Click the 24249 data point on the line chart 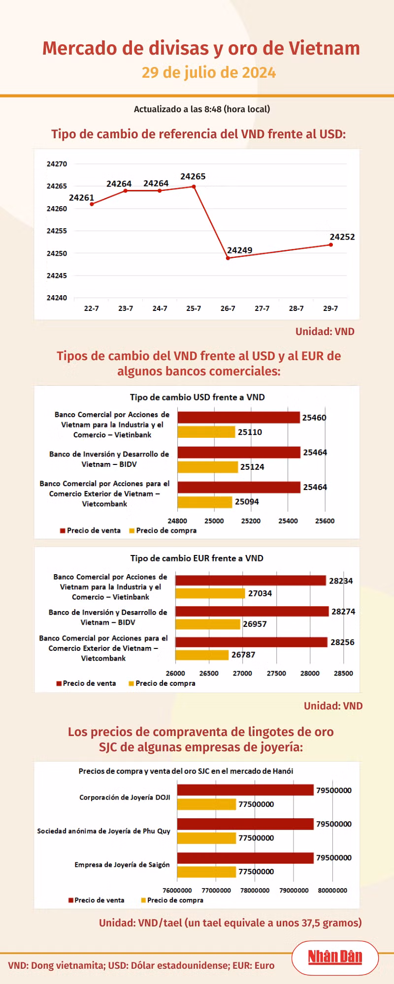click(228, 258)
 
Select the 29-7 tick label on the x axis click(330, 308)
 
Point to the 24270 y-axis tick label click(57, 164)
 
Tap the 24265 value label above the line click(193, 177)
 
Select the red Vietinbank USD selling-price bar click(238, 417)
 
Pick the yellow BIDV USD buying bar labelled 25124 click(207, 467)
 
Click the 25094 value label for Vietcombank click(247, 502)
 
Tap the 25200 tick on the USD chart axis click(251, 521)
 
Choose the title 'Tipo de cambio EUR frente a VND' click(197, 558)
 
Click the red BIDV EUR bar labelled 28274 click(252, 611)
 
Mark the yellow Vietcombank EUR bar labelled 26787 click(202, 655)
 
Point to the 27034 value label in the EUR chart click(260, 593)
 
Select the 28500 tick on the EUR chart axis click(343, 674)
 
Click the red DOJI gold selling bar click(245, 790)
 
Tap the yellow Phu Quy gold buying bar click(206, 838)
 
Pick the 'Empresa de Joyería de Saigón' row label click(122, 864)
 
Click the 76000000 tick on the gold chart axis click(177, 891)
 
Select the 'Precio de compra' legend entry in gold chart click(172, 900)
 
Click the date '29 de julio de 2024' click(209, 72)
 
